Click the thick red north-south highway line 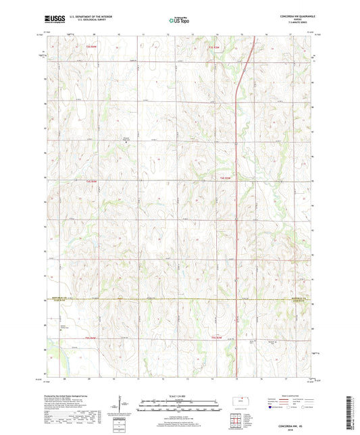235,203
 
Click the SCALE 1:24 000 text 180,395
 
